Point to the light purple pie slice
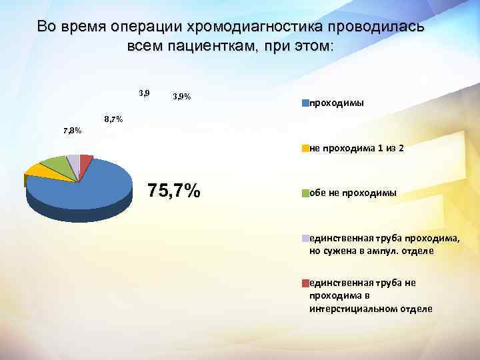pos(73,158)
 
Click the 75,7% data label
pos(174,191)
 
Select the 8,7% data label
pos(113,119)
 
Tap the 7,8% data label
pos(72,131)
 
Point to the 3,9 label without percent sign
pos(144,92)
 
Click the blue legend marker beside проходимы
pos(305,103)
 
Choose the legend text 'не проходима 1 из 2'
pos(357,148)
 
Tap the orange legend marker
pos(305,148)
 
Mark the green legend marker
pos(305,193)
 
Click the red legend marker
pos(305,283)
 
